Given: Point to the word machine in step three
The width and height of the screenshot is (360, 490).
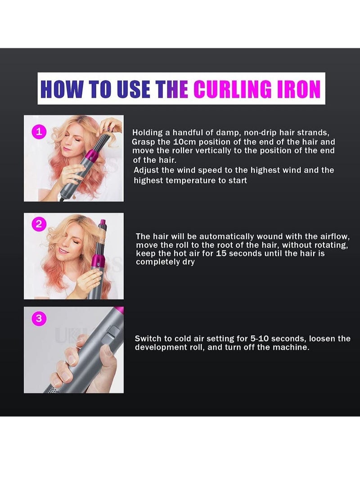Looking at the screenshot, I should pyautogui.click(x=292, y=348).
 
